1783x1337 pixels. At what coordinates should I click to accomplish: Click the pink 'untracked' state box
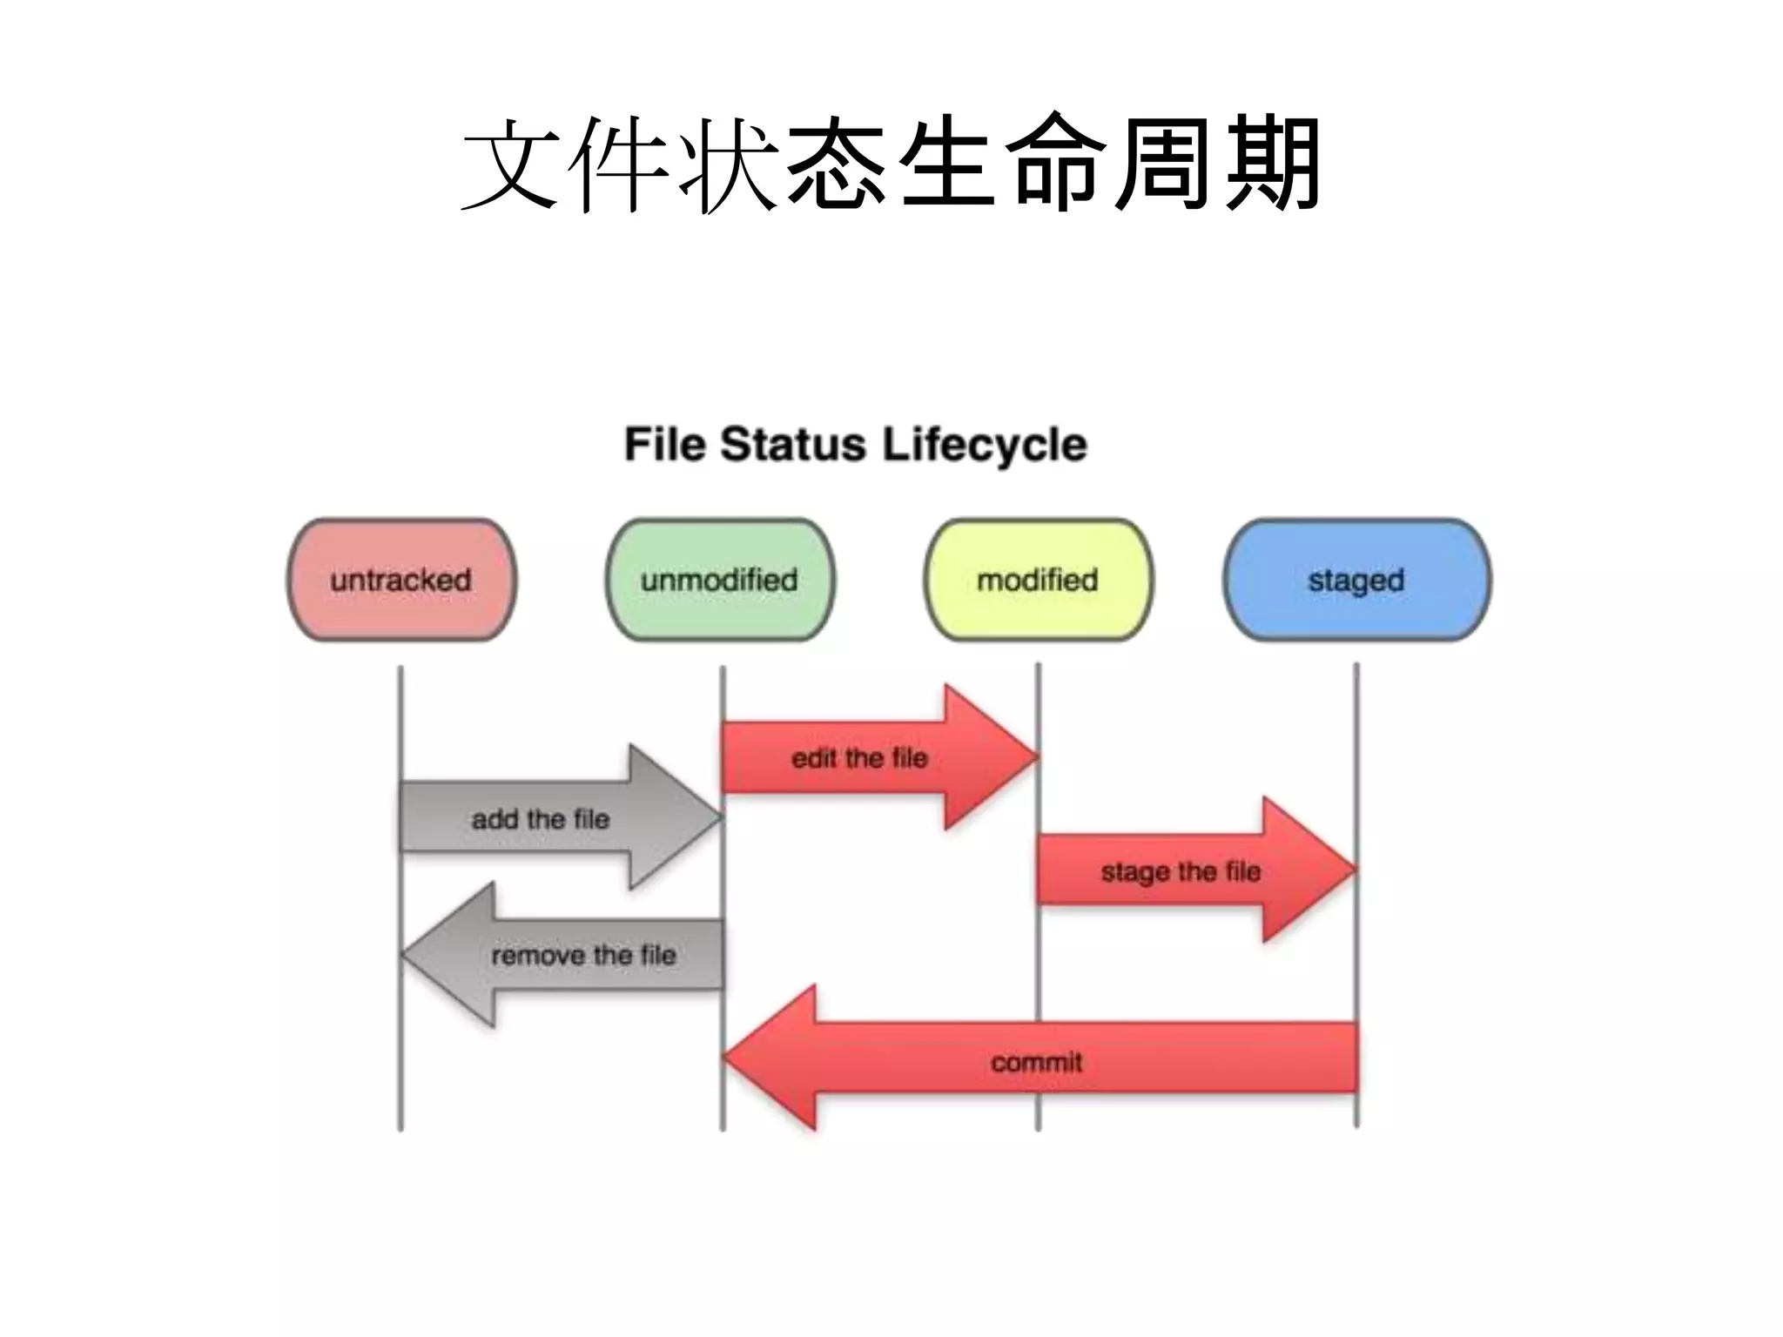coord(401,580)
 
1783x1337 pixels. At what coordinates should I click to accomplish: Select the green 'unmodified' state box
coord(720,580)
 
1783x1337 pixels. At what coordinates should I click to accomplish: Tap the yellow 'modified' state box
coord(1038,580)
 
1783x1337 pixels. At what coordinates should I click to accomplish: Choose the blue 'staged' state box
coord(1356,580)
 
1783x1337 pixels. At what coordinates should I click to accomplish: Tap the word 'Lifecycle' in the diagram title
coord(984,445)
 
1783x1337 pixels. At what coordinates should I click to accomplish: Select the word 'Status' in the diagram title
coord(793,445)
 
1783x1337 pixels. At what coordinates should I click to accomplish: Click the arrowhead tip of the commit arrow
coord(736,1058)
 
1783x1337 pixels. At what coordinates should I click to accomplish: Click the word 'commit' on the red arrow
coord(1036,1062)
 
